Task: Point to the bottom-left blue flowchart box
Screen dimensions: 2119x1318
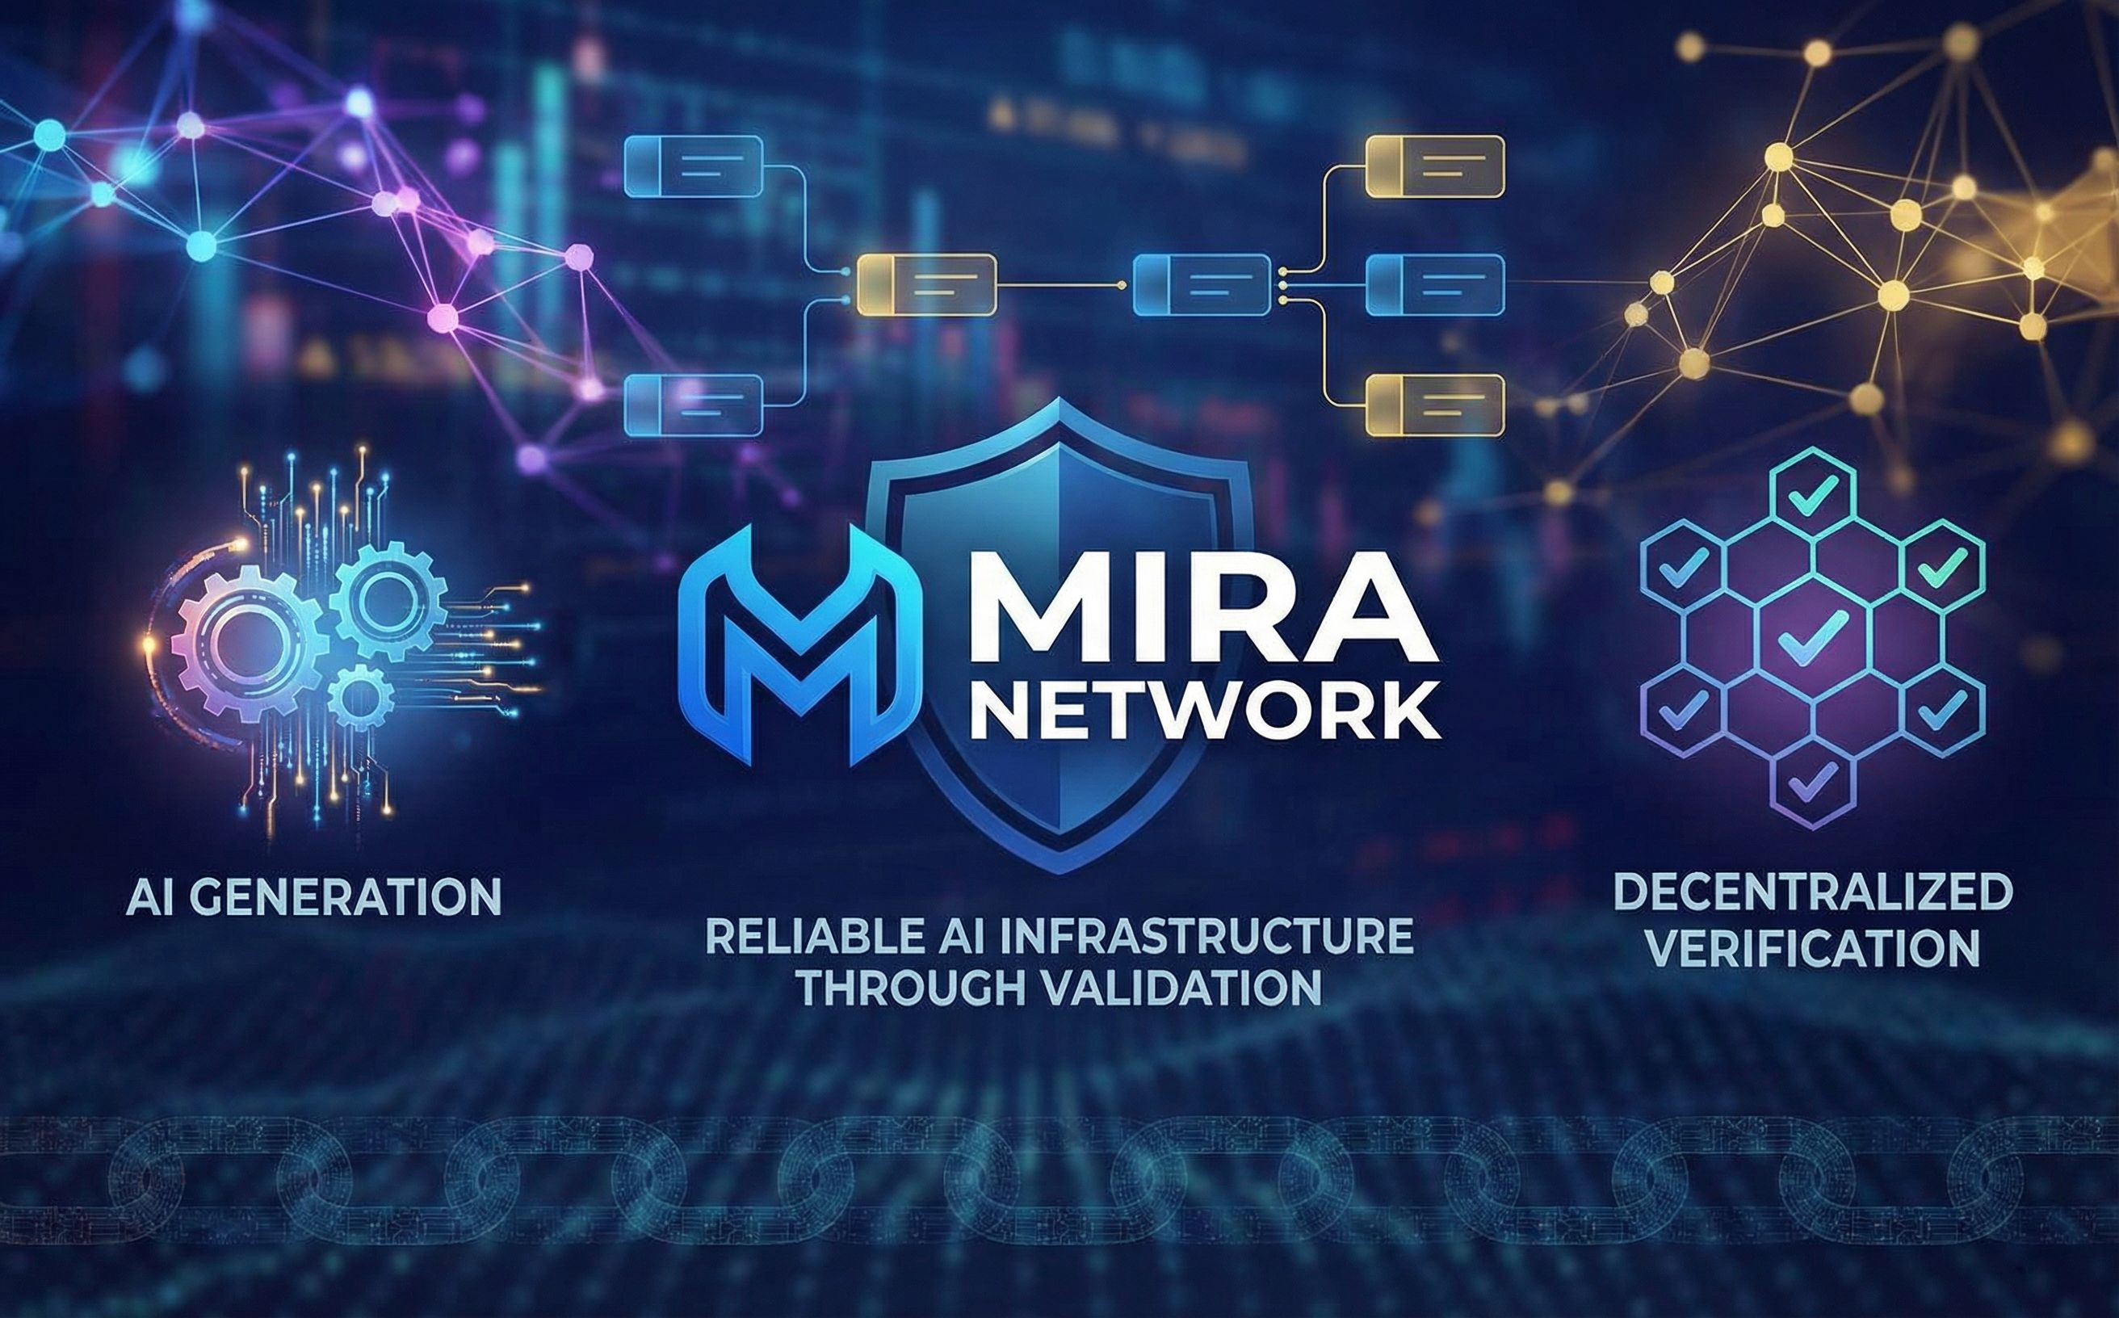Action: tap(694, 404)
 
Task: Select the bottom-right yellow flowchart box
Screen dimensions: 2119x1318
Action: tap(1434, 405)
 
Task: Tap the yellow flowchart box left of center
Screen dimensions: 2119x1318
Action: tap(926, 284)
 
